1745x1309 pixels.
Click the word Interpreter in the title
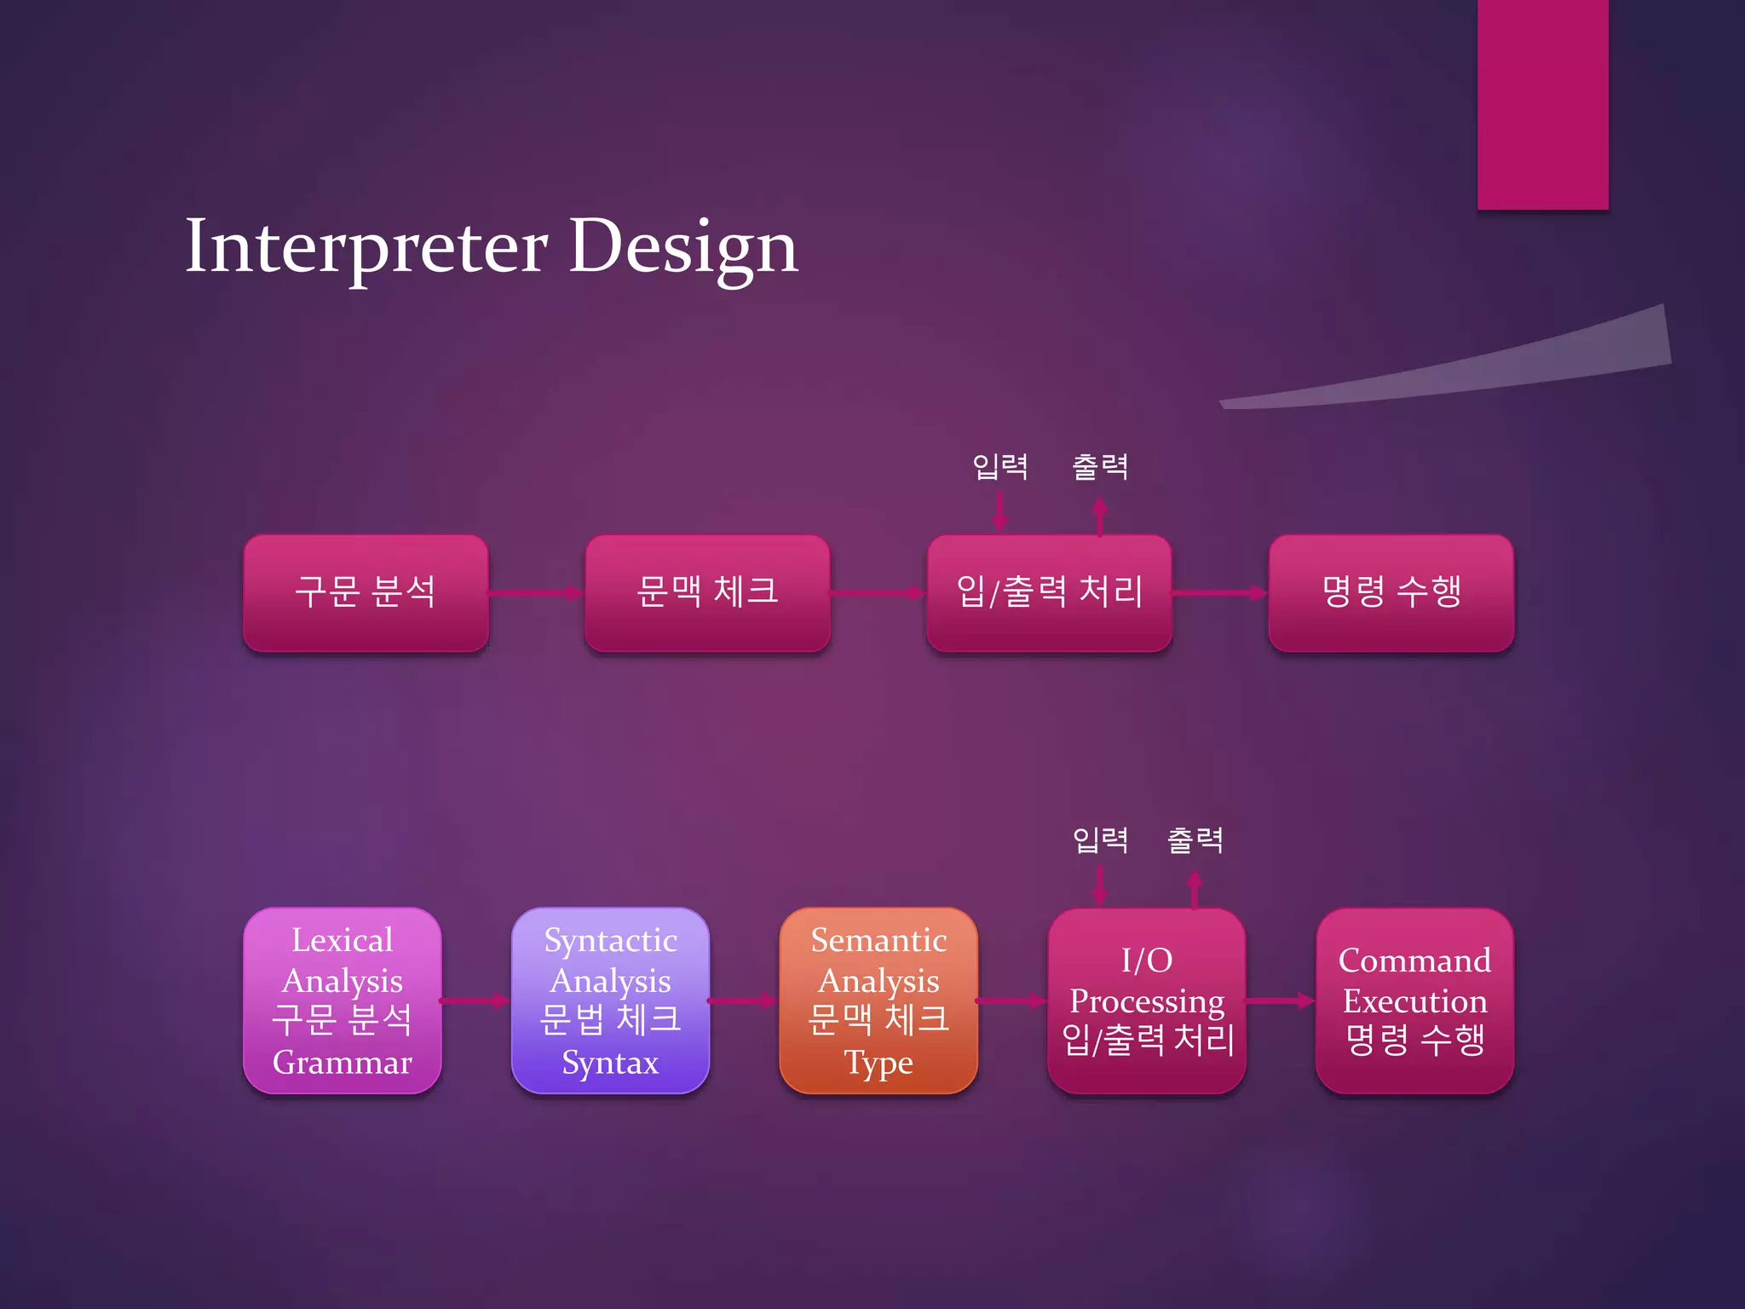pos(366,247)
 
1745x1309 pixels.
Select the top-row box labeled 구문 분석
pos(366,593)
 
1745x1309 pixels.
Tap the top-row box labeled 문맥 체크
pos(707,593)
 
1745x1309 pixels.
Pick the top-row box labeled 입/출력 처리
pos(1049,593)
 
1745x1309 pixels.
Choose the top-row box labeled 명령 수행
pos(1391,593)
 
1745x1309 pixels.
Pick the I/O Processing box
pos(1147,1000)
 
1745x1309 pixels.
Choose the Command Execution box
pos(1414,1000)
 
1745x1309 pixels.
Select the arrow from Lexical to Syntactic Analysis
pos(475,1001)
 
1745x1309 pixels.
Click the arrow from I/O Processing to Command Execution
pos(1281,1001)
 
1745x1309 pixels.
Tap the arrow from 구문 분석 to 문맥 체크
pos(536,593)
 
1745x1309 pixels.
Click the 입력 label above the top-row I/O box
pos(1000,467)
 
